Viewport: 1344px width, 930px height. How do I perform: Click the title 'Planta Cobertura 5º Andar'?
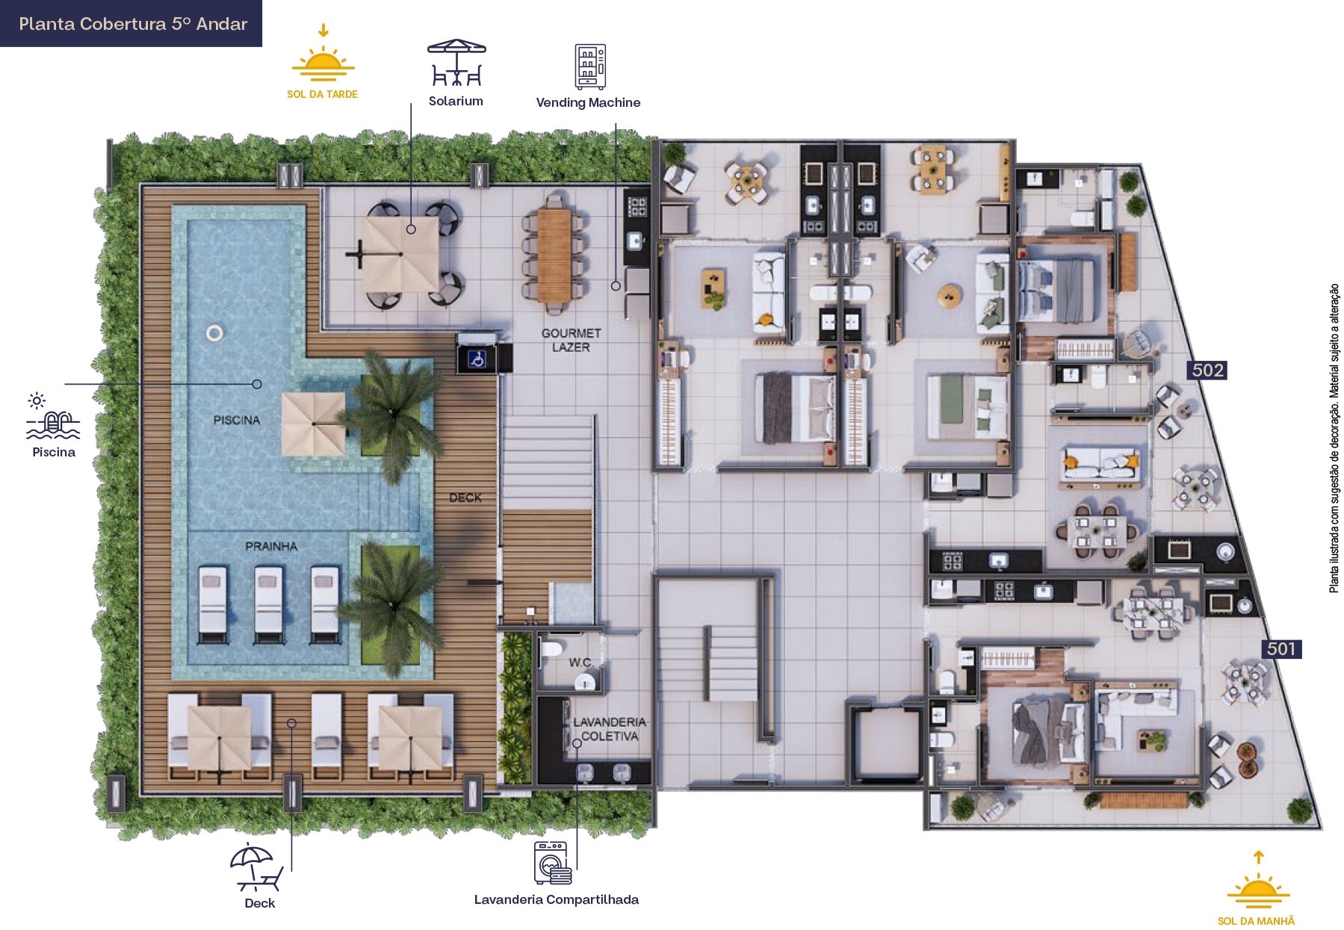pos(133,24)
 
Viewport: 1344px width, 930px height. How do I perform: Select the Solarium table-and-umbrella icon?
pos(456,63)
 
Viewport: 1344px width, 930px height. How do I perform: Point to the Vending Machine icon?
pos(589,66)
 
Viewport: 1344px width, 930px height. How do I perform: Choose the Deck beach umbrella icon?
pos(256,867)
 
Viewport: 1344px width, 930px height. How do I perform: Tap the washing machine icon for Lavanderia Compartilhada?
pos(553,863)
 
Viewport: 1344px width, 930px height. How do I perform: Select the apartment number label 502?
pos(1207,371)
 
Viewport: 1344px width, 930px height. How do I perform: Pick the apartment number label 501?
pos(1281,649)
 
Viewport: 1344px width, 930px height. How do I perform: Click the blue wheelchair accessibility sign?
pos(477,360)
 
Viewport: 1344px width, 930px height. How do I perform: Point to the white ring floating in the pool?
pos(214,333)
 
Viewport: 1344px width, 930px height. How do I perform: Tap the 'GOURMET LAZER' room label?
pos(572,340)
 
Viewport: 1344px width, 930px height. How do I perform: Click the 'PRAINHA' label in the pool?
pos(271,546)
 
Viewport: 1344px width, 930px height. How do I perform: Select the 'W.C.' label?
pos(580,663)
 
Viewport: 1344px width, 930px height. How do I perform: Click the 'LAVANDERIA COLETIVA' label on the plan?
pos(610,729)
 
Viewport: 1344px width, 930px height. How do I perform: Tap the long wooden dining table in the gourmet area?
pos(554,255)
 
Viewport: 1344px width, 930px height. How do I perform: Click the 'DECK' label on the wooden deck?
pos(465,497)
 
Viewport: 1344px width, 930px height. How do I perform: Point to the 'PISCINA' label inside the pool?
pos(237,420)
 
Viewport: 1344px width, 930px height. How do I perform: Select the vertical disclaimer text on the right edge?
pos(1334,438)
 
